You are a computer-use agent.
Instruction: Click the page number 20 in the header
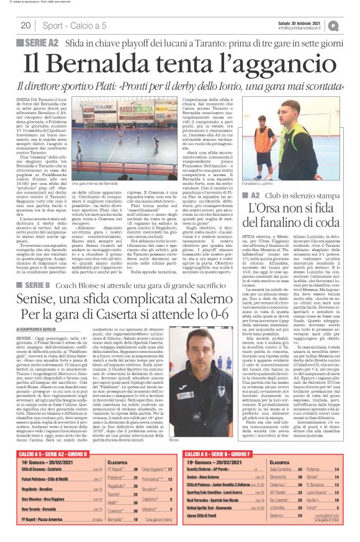click(x=25, y=25)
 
